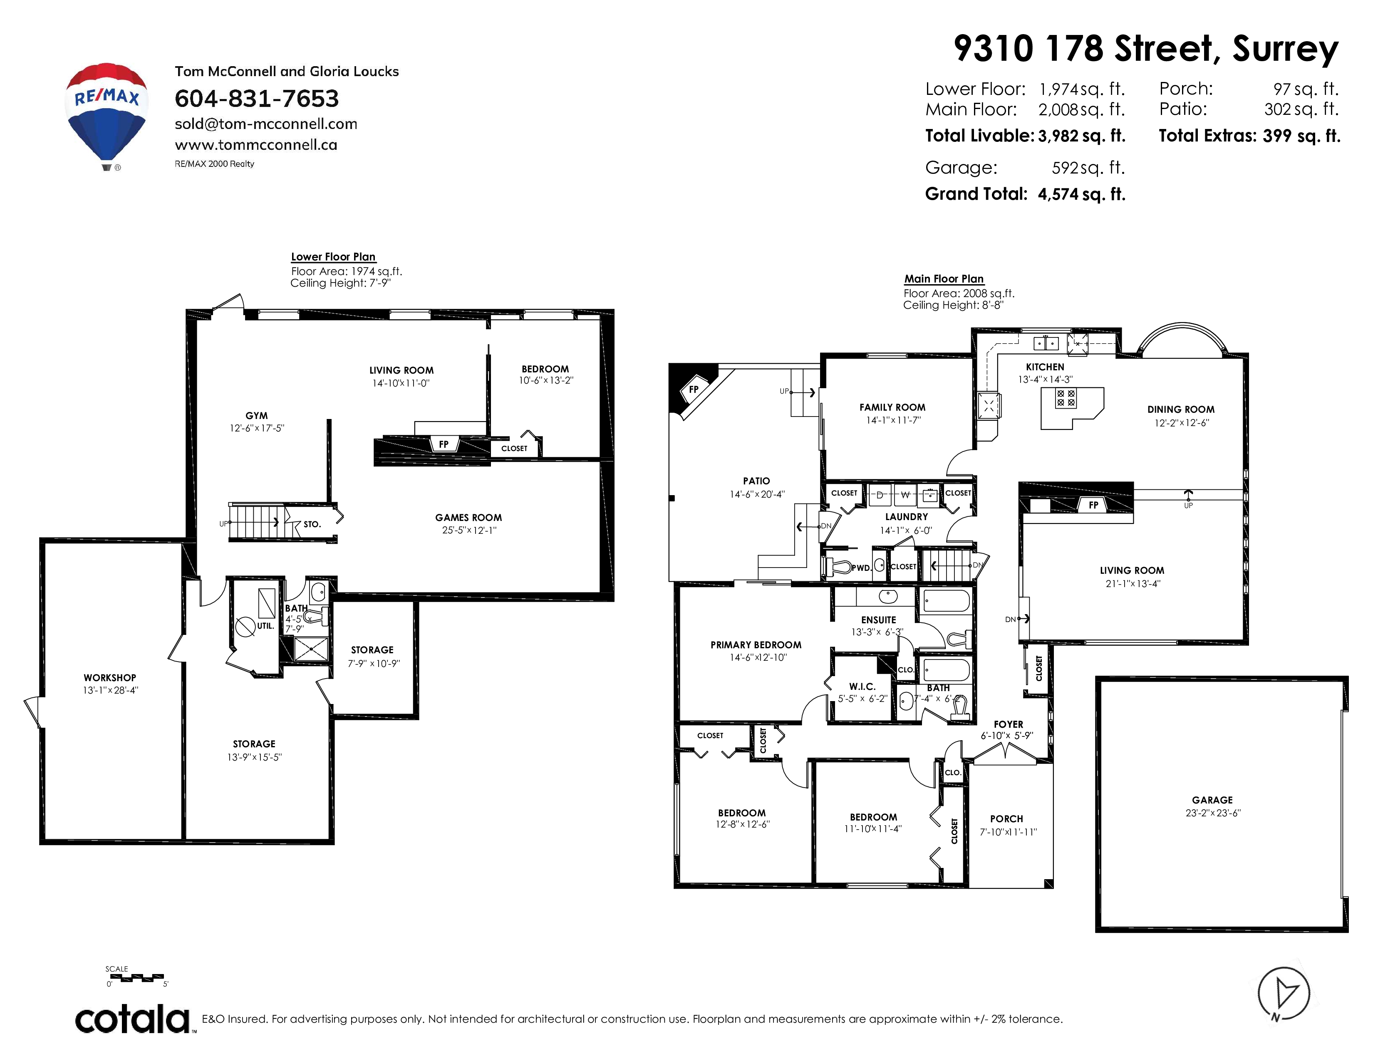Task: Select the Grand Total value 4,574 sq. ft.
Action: pos(1081,194)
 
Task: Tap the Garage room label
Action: pos(1212,800)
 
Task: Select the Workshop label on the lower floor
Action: pos(110,677)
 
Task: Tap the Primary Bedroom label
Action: pos(756,645)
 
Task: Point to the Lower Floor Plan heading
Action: pos(333,256)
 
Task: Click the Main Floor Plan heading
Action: pos(944,278)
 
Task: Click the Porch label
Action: pos(1006,819)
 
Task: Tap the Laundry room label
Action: pos(907,517)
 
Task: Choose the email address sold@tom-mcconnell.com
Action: pos(266,124)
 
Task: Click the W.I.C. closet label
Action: pos(862,687)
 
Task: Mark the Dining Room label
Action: pos(1181,409)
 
